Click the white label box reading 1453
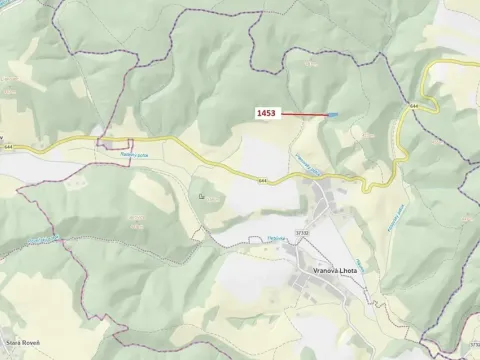(266, 114)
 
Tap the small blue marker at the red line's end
(334, 115)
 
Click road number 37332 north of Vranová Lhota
(302, 232)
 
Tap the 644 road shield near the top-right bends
(412, 104)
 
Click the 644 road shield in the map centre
(263, 181)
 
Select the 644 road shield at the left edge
(9, 147)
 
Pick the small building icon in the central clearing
(203, 195)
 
